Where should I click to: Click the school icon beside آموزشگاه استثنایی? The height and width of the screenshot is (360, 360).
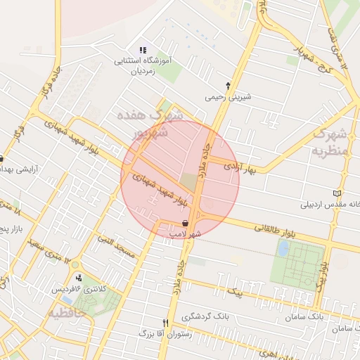pos(143,50)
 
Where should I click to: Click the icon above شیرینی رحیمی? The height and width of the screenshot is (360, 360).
pos(227,85)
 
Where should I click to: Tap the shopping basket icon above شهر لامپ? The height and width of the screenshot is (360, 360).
pos(174,222)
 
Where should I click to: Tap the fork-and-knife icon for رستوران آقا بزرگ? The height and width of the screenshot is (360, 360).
pos(166,323)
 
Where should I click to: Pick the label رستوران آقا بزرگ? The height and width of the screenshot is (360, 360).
pos(165,335)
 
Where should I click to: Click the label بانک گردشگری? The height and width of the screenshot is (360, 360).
pos(205,316)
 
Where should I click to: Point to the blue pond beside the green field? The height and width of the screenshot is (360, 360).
pos(283,248)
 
